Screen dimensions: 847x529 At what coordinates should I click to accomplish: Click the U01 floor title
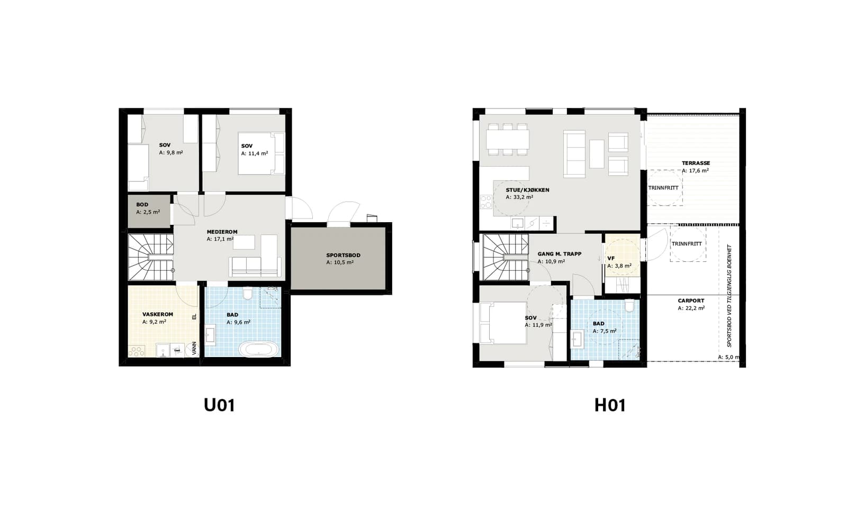pyautogui.click(x=219, y=405)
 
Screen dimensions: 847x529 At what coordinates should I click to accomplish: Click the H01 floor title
pyautogui.click(x=610, y=405)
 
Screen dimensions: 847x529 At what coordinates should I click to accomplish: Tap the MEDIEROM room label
pyautogui.click(x=222, y=232)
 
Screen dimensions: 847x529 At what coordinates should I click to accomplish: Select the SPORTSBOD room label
pyautogui.click(x=344, y=255)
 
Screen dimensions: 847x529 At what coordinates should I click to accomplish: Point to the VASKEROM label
pyautogui.click(x=158, y=314)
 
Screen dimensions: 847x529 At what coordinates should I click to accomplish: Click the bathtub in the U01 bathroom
pyautogui.click(x=259, y=349)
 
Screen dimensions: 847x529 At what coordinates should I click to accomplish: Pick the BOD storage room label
pyautogui.click(x=142, y=204)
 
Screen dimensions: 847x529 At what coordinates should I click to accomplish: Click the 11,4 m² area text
pyautogui.click(x=255, y=153)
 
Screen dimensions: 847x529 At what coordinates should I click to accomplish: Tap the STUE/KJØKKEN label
pyautogui.click(x=527, y=190)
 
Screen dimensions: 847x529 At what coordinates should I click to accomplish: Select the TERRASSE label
pyautogui.click(x=696, y=163)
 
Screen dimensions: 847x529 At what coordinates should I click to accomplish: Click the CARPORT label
pyautogui.click(x=691, y=301)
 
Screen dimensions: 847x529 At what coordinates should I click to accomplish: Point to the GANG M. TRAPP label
pyautogui.click(x=559, y=254)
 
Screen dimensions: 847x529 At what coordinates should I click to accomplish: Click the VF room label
pyautogui.click(x=611, y=259)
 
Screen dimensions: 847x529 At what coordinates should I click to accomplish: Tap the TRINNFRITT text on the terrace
pyautogui.click(x=663, y=188)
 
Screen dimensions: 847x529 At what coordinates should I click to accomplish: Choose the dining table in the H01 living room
pyautogui.click(x=508, y=139)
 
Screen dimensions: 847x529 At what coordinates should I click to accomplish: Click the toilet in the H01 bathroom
pyautogui.click(x=629, y=306)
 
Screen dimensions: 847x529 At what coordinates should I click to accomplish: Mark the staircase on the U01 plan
pyautogui.click(x=151, y=257)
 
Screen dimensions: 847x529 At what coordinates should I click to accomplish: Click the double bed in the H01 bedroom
pyautogui.click(x=503, y=323)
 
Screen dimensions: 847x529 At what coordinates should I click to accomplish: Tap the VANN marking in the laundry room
pyautogui.click(x=194, y=348)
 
